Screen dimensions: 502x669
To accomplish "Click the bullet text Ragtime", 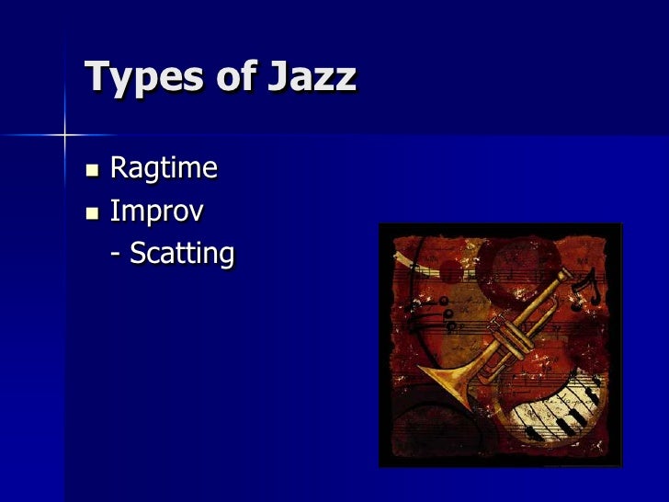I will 164,169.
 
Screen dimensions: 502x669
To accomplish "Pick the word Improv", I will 156,212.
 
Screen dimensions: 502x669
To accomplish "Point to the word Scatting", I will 182,254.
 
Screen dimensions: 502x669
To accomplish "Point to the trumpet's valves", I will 510,326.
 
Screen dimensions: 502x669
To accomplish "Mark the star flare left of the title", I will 65,135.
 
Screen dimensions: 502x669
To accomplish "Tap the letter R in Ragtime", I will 119,169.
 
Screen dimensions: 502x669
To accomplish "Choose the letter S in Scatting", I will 139,254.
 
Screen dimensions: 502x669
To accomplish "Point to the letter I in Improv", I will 113,212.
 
